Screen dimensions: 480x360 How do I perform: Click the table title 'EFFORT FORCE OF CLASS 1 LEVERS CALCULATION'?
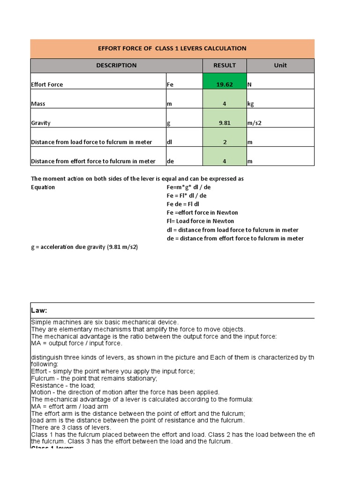pyautogui.click(x=172, y=48)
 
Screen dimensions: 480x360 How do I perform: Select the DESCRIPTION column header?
pyautogui.click(x=116, y=65)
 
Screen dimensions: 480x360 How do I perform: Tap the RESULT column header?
pyautogui.click(x=225, y=65)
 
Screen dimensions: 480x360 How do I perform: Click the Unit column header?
pyautogui.click(x=280, y=65)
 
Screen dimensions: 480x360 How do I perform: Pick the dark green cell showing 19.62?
pyautogui.click(x=225, y=84)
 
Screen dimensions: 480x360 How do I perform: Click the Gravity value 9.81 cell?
pyautogui.click(x=225, y=123)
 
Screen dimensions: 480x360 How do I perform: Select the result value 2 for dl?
pyautogui.click(x=225, y=142)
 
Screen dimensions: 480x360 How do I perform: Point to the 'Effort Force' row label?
pyautogui.click(x=47, y=85)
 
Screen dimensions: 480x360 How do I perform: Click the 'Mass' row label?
pyautogui.click(x=38, y=104)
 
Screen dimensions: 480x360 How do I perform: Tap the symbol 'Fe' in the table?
pyautogui.click(x=170, y=85)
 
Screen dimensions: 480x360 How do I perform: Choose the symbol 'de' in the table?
pyautogui.click(x=170, y=161)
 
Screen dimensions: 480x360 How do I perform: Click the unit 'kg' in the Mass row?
pyautogui.click(x=251, y=104)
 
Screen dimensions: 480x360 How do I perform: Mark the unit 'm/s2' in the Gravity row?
pyautogui.click(x=255, y=123)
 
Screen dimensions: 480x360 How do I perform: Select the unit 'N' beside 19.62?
pyautogui.click(x=249, y=85)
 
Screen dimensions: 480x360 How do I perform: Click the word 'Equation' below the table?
pyautogui.click(x=43, y=187)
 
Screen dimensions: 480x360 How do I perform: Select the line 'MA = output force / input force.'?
pyautogui.click(x=76, y=343)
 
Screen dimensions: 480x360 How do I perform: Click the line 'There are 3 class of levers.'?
pyautogui.click(x=71, y=427)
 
